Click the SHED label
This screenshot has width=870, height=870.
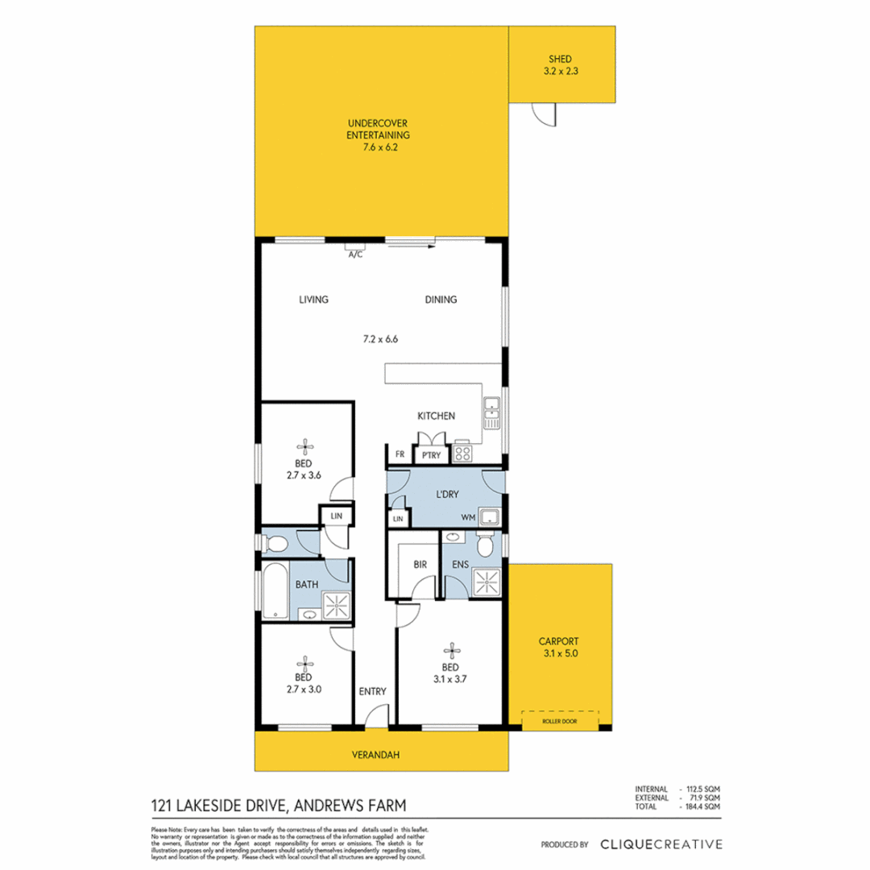click(561, 59)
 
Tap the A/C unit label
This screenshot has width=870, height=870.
click(354, 255)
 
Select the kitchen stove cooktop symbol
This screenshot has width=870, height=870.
click(463, 453)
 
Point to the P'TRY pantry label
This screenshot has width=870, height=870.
click(430, 456)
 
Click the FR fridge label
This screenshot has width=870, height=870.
click(399, 455)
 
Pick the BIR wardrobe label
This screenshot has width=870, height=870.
click(420, 565)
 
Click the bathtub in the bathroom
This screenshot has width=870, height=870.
click(275, 591)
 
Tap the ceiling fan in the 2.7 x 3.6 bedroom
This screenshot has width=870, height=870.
click(304, 446)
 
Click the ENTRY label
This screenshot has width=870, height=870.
click(373, 691)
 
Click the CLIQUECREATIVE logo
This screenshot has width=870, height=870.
click(661, 844)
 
